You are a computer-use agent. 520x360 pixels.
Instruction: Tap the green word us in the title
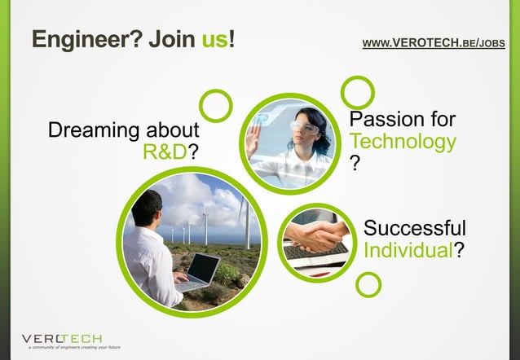click(215, 38)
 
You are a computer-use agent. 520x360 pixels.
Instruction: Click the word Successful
click(415, 228)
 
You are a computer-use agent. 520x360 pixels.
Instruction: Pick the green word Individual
click(408, 250)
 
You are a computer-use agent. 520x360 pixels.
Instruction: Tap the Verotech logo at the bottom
click(61, 336)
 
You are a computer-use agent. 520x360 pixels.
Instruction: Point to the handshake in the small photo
click(314, 237)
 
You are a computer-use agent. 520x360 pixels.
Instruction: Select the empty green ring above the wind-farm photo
click(216, 105)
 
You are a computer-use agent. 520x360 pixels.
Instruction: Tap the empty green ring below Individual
click(368, 284)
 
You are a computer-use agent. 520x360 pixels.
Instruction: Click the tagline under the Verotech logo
click(73, 347)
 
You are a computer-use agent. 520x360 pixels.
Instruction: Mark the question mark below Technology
click(354, 164)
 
